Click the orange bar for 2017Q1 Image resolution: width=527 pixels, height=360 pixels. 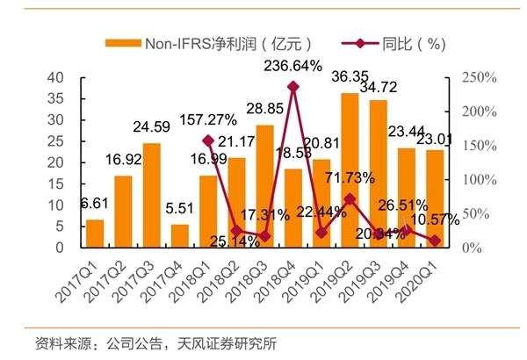click(x=95, y=234)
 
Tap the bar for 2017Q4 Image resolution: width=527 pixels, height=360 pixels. click(x=179, y=236)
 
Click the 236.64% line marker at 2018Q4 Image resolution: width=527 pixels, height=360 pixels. click(x=293, y=86)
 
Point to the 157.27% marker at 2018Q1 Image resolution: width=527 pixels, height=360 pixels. click(x=208, y=140)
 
